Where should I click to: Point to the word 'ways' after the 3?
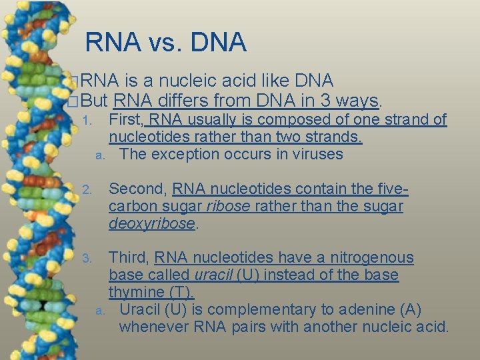pos(357,101)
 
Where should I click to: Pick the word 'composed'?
pos(287,120)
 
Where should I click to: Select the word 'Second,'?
pos(131,189)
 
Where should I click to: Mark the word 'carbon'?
pos(131,207)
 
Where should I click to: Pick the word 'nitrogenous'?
pos(375,257)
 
